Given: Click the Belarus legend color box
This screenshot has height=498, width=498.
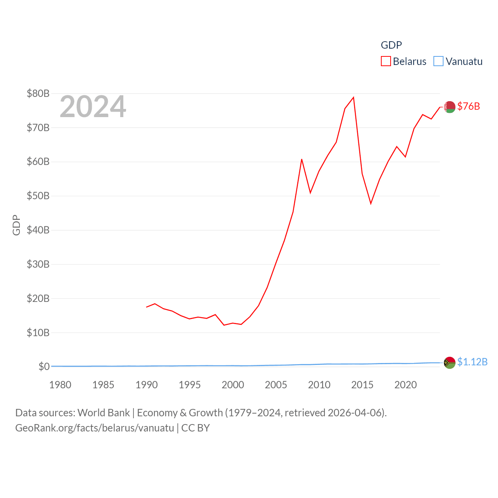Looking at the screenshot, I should [x=386, y=61].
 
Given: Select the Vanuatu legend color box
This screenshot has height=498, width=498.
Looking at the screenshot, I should [x=438, y=61].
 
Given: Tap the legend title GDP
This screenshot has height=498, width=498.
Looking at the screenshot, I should [x=391, y=45].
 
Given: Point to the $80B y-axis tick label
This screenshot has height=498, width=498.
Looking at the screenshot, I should [x=38, y=93].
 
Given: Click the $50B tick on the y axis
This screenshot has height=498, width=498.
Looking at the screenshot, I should [x=38, y=196].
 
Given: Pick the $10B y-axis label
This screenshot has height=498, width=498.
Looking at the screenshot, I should [x=38, y=333].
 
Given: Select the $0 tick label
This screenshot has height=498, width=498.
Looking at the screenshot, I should [x=44, y=366].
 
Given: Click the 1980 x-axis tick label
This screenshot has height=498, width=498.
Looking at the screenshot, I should [x=60, y=385].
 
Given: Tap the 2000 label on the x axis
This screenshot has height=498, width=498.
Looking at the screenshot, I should [x=233, y=385].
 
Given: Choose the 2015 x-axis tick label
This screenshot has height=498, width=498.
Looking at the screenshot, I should [x=362, y=385].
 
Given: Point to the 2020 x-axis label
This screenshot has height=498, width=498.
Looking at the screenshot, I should [x=405, y=385].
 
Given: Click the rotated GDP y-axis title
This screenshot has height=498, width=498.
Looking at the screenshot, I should [x=16, y=225].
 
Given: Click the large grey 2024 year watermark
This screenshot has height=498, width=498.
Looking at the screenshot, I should [x=93, y=107].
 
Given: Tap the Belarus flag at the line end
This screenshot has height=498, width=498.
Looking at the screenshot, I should [x=450, y=107].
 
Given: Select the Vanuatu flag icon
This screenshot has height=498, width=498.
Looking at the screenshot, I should [x=450, y=363].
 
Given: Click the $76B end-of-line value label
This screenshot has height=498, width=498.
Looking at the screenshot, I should [x=468, y=106].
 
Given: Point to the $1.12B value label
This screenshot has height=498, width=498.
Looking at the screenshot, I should [x=472, y=362].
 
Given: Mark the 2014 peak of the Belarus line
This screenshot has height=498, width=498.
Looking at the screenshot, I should [x=353, y=98].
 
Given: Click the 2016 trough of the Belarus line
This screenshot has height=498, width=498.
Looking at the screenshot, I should [x=371, y=203].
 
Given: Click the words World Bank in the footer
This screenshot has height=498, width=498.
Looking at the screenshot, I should [x=103, y=412].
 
